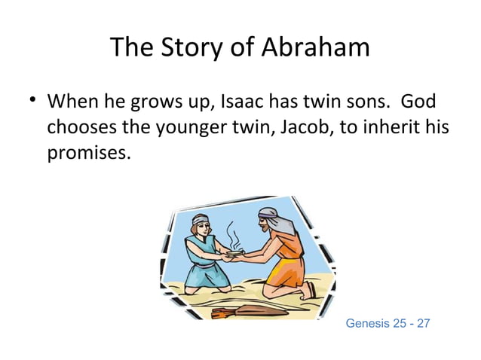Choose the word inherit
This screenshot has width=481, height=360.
[x=391, y=128]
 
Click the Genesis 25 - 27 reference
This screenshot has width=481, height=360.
[x=387, y=323]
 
